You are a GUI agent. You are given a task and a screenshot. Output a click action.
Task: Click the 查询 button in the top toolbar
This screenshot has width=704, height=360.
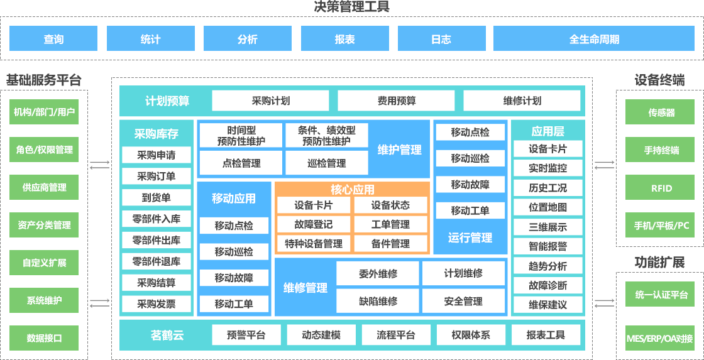(x=53, y=39)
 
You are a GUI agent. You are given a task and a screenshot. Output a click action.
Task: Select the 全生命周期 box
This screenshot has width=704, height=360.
(x=594, y=39)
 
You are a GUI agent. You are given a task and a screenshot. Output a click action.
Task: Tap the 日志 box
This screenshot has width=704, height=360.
(x=441, y=39)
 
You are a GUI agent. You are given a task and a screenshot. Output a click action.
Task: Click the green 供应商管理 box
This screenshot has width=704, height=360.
(x=44, y=187)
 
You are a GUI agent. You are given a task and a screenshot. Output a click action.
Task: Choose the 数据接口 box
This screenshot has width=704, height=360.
(x=44, y=338)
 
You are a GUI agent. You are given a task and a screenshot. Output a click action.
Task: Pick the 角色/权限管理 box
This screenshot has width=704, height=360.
(x=44, y=150)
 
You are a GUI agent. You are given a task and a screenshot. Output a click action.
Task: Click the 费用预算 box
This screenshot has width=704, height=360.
(x=396, y=101)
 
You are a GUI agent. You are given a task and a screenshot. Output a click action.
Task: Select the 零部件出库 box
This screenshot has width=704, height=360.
(x=157, y=240)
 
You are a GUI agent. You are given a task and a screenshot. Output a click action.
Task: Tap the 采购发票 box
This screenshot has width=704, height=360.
(x=157, y=304)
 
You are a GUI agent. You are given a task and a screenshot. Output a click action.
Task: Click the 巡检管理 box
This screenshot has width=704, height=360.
(x=327, y=163)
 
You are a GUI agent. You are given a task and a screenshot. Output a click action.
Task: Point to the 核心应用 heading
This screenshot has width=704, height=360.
(x=353, y=189)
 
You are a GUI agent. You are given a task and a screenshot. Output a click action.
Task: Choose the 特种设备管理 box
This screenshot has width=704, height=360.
(x=313, y=244)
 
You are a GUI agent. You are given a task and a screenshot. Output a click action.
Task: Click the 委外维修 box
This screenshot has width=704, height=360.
(x=378, y=273)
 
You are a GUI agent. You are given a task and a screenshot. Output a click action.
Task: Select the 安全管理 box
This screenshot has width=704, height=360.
(x=463, y=302)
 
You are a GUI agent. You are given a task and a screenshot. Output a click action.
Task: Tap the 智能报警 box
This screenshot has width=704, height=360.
(x=547, y=246)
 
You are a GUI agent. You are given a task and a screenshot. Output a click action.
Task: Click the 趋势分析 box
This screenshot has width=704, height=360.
(x=547, y=266)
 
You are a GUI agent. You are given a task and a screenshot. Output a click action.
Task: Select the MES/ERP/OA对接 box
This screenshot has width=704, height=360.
(x=659, y=339)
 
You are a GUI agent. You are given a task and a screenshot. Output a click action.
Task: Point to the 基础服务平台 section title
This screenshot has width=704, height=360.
(x=44, y=80)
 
